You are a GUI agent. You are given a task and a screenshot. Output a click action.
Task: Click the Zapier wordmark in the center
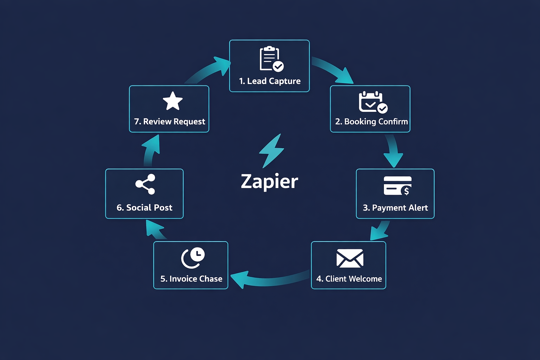[269, 181]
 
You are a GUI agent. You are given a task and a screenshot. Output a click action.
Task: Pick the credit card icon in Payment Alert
[397, 186]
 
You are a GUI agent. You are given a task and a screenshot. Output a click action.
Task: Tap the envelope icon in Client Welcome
[349, 258]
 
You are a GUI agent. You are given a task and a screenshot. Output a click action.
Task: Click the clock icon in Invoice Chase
[193, 258]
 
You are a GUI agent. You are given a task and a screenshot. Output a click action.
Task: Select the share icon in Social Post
[145, 184]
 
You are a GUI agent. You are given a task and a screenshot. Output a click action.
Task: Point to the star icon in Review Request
[173, 101]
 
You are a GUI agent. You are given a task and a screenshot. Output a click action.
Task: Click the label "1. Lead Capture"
[270, 81]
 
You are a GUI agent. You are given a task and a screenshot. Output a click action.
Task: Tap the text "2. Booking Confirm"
[371, 122]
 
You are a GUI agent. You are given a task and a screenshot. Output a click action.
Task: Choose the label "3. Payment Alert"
[395, 208]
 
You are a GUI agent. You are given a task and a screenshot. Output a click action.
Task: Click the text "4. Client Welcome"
[349, 279]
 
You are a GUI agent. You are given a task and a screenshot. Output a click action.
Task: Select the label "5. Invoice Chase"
[191, 279]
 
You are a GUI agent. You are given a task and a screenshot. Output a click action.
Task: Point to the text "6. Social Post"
[144, 208]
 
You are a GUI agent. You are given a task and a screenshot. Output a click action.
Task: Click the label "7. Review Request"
[169, 122]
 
